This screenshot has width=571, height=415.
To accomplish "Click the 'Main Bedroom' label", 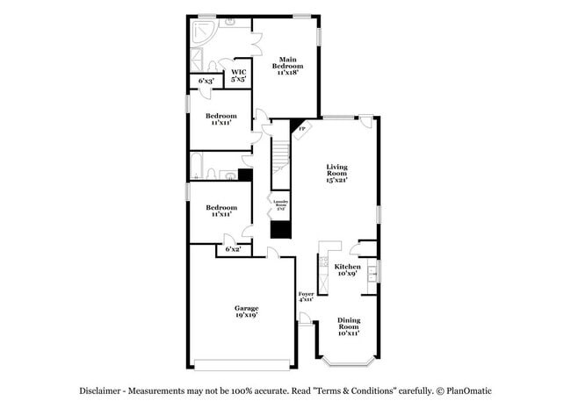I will point(286,65).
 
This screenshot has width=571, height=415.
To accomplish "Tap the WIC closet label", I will point(238,76).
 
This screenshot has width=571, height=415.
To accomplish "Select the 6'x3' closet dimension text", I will point(206,81).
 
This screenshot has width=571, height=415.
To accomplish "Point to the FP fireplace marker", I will point(302,129).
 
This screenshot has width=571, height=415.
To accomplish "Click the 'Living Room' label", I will point(337,173).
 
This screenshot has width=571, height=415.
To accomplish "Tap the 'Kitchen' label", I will point(347,269).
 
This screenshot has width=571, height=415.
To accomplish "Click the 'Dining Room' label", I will point(349,326).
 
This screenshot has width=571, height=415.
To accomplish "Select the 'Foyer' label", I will point(306,297).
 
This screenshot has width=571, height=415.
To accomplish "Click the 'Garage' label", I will point(246,311).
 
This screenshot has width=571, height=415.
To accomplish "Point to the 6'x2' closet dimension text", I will point(233,249).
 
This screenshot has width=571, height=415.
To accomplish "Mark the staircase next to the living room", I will point(280,158).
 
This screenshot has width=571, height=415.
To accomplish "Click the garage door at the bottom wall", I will point(242,364).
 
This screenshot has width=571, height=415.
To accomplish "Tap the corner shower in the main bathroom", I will point(201,33).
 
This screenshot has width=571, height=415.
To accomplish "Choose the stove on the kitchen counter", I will point(323,261).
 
